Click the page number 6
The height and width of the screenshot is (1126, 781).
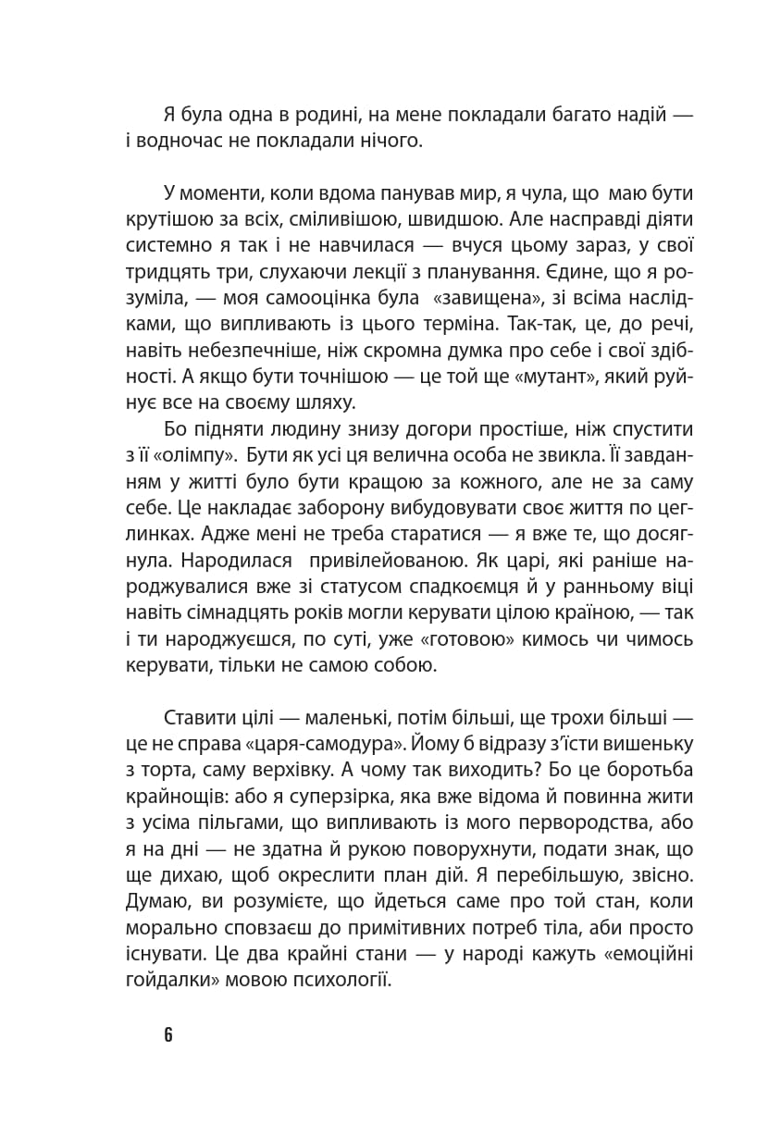pyautogui.click(x=168, y=1034)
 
